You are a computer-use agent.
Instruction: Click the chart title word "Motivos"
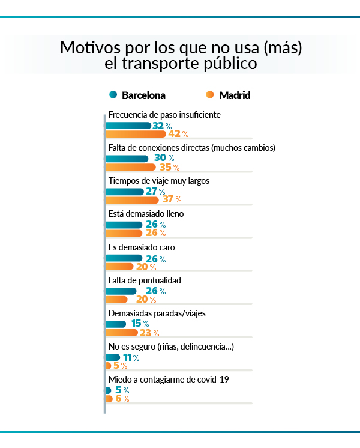(86, 47)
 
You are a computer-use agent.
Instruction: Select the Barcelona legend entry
(137, 95)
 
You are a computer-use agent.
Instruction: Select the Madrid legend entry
(228, 95)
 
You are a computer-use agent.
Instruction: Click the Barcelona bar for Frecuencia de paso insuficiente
(128, 126)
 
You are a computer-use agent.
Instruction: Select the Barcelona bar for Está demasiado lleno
(124, 225)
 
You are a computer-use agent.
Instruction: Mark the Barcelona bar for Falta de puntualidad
(124, 291)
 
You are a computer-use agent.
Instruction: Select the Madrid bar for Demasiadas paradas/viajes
(122, 333)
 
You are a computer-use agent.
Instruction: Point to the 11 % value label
(131, 358)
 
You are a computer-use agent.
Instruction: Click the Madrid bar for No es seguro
(108, 366)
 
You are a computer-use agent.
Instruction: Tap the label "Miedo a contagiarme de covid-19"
(169, 380)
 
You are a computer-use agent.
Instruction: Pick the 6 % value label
(122, 399)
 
